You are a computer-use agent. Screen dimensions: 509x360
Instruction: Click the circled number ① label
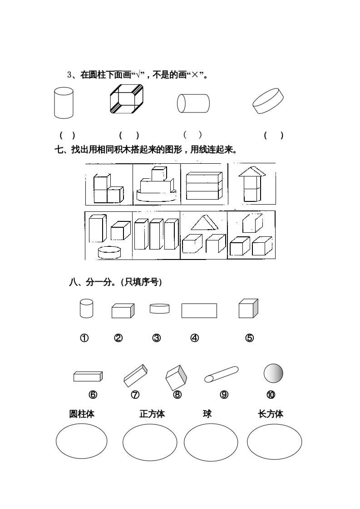pyautogui.click(x=84, y=338)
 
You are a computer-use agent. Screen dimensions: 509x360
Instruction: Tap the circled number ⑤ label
pyautogui.click(x=249, y=338)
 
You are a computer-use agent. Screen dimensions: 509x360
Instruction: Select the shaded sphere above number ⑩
pyautogui.click(x=273, y=373)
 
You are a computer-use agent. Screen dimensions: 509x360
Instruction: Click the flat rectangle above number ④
pyautogui.click(x=199, y=311)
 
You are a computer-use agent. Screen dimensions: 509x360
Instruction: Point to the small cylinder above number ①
pyautogui.click(x=86, y=308)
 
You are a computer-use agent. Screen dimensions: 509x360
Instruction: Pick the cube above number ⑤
pyautogui.click(x=248, y=309)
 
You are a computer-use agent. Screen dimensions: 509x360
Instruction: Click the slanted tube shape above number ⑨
pyautogui.click(x=221, y=374)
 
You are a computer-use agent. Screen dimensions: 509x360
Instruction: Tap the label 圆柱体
pyautogui.click(x=82, y=414)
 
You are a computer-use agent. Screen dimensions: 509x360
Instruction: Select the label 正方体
pyautogui.click(x=152, y=414)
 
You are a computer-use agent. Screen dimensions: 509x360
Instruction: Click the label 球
pyautogui.click(x=207, y=413)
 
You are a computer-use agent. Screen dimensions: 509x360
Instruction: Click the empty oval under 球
pyautogui.click(x=211, y=442)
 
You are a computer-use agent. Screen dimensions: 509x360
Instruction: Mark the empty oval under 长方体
pyautogui.click(x=274, y=442)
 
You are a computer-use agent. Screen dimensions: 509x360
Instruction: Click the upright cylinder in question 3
pyautogui.click(x=64, y=103)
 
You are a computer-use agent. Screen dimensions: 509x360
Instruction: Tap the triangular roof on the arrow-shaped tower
pyautogui.click(x=253, y=171)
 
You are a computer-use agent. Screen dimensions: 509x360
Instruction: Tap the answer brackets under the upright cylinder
pyautogui.click(x=67, y=135)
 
